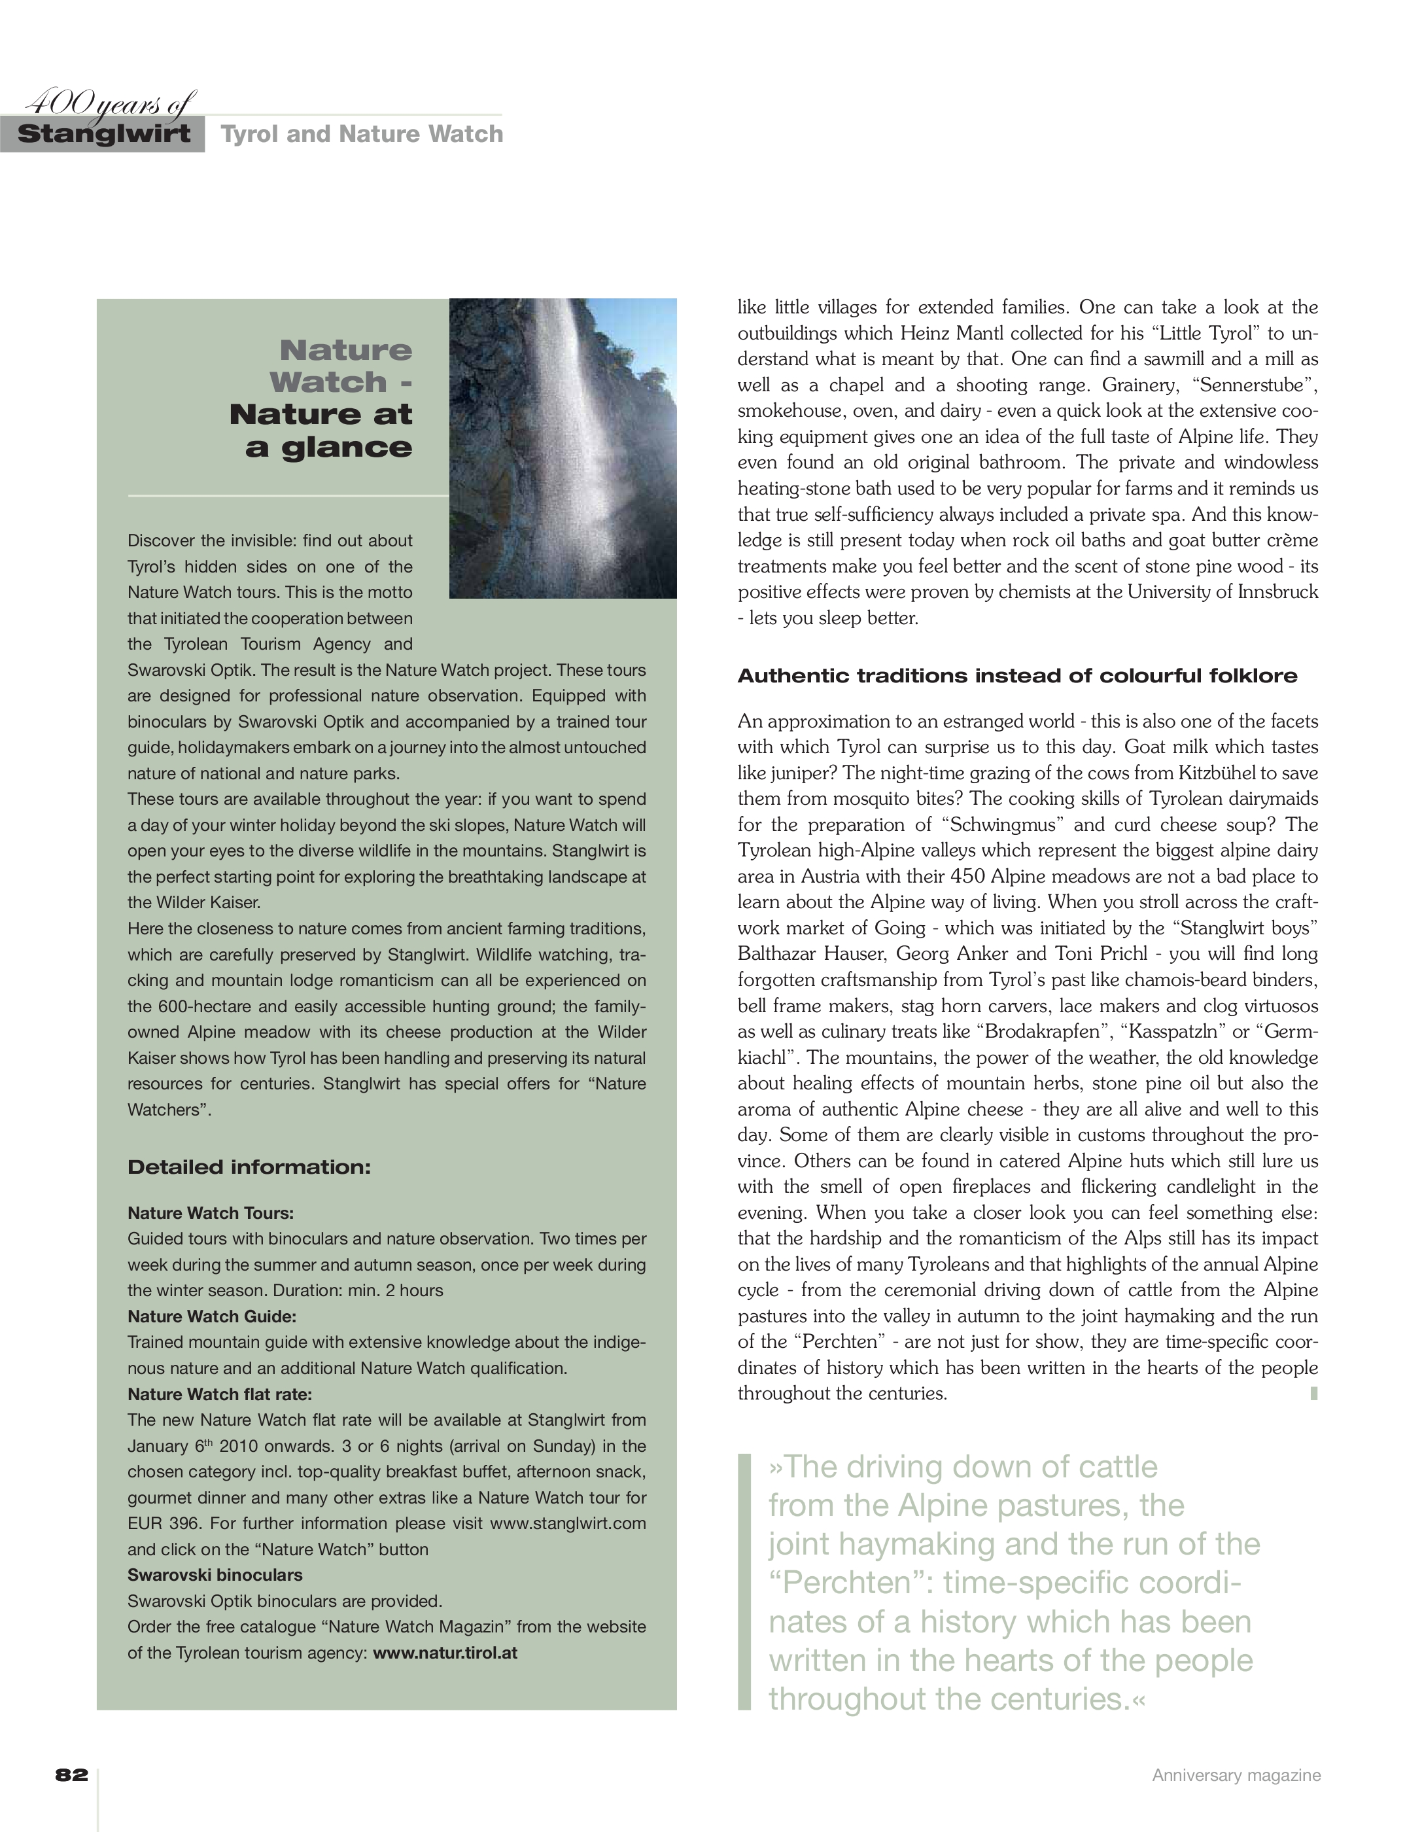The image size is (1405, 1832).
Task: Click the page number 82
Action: [72, 1774]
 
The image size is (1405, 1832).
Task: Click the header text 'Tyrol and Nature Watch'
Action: [361, 134]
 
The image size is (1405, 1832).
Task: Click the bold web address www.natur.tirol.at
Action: [445, 1653]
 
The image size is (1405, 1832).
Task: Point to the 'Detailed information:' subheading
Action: [249, 1167]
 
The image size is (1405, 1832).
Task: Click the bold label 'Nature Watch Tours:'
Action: [211, 1213]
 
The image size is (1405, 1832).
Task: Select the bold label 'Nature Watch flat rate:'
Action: [219, 1394]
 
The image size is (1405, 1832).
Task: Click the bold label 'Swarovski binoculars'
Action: [215, 1575]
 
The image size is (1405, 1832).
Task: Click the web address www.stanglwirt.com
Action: [568, 1523]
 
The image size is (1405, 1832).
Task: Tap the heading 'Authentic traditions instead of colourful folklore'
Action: [1017, 676]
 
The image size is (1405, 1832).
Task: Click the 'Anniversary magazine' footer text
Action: [1236, 1775]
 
